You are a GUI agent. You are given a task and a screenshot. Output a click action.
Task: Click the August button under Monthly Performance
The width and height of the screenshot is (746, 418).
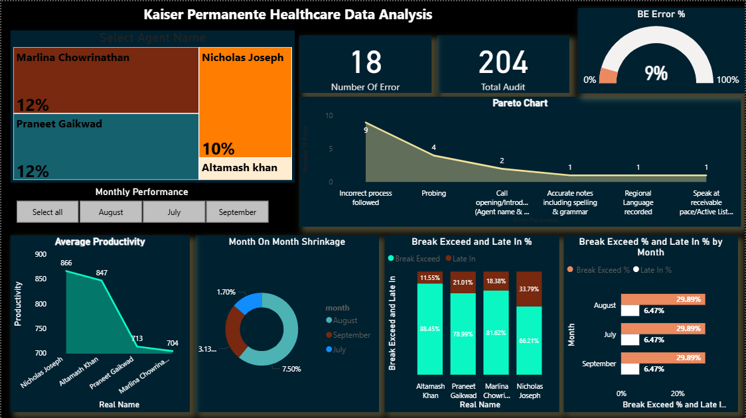(111, 212)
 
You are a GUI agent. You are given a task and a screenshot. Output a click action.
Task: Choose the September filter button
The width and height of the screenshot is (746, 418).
(237, 212)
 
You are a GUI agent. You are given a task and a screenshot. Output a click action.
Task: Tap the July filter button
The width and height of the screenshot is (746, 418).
(174, 212)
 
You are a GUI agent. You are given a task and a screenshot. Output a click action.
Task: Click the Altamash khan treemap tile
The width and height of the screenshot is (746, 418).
(245, 169)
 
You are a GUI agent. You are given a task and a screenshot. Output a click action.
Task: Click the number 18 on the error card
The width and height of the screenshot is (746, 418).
(366, 62)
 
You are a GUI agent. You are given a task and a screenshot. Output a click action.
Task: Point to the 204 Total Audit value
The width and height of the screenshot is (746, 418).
(503, 62)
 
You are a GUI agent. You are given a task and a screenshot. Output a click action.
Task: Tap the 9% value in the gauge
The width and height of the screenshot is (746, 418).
(656, 73)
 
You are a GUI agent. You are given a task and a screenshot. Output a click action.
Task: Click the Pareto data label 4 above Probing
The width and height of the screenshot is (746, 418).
(433, 147)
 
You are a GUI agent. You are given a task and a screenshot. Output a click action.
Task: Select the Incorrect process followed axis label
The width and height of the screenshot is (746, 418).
(366, 198)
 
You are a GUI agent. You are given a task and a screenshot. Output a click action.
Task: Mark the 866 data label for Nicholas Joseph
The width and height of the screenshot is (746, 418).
(66, 263)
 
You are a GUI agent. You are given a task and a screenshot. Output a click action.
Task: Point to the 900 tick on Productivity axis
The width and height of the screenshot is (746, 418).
(41, 254)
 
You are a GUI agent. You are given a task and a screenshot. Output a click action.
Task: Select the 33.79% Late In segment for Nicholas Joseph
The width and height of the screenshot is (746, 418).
(529, 289)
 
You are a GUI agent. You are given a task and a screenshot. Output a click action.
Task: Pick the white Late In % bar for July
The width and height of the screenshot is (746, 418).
(631, 340)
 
